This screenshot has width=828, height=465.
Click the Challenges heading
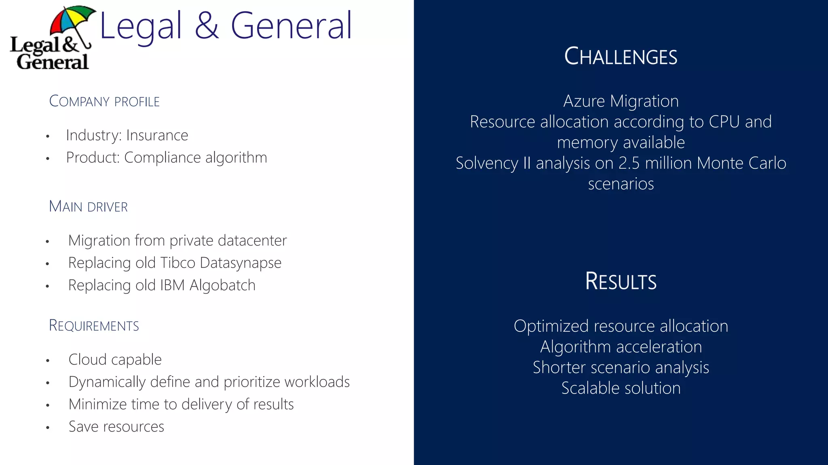tap(621, 57)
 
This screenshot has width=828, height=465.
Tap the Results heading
tap(621, 281)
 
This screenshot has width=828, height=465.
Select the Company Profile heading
tap(104, 101)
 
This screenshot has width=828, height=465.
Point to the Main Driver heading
tap(88, 206)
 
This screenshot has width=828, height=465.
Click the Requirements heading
tap(94, 325)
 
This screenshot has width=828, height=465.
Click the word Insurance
tap(157, 135)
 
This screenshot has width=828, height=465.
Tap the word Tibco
tap(178, 263)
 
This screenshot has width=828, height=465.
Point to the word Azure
tap(584, 101)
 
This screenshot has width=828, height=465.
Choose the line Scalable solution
tap(621, 388)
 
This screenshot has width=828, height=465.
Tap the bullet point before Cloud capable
tap(48, 360)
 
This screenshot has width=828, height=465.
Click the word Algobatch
tap(222, 285)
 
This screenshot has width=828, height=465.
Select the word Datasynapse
tap(241, 263)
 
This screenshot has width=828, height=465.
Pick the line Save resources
tap(116, 427)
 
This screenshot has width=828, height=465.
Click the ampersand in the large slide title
tap(207, 26)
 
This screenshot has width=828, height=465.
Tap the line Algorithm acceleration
tap(621, 347)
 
